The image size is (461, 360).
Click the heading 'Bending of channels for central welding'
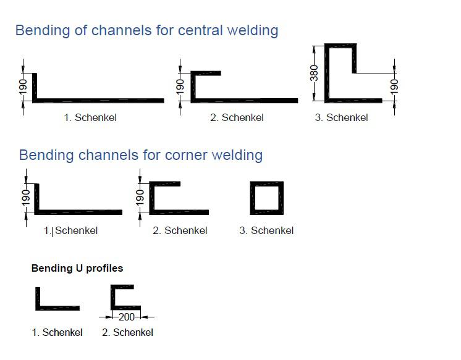[x=146, y=30]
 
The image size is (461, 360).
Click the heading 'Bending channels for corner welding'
[x=140, y=154]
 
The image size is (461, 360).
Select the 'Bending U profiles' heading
[x=77, y=268]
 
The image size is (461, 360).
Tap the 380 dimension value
[x=314, y=73]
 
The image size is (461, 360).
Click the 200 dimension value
[x=126, y=317]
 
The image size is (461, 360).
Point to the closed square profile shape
[x=268, y=198]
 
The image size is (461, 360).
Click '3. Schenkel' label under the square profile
[x=266, y=231]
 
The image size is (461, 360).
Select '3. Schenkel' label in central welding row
[x=341, y=117]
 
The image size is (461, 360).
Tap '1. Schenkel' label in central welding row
[x=90, y=117]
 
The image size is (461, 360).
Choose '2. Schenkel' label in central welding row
[x=237, y=117]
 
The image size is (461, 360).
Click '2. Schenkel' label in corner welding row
[x=180, y=231]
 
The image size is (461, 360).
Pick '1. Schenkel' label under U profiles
[x=57, y=332]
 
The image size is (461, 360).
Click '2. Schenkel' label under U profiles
[x=127, y=332]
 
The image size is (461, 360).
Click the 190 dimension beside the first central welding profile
[x=22, y=87]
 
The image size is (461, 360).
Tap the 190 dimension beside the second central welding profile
[x=180, y=87]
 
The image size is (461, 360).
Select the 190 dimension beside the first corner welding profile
[x=25, y=198]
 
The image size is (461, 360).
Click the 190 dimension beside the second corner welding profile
[x=140, y=198]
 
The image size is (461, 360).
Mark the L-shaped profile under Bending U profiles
[x=56, y=299]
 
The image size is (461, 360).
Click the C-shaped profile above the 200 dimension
[x=124, y=298]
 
